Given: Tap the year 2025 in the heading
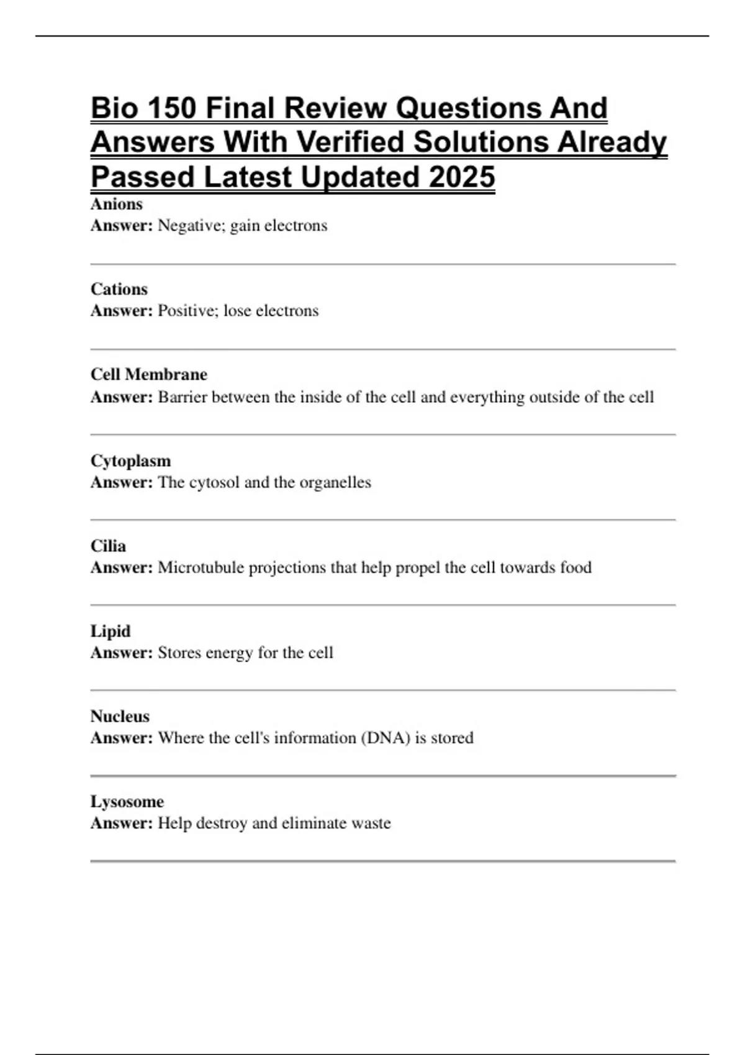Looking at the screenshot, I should coord(461,177).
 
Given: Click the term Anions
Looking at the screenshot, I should coord(117,204).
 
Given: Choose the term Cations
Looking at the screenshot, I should coord(119,289).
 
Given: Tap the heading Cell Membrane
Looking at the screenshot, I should coord(149,375).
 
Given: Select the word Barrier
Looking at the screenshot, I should coord(182,397).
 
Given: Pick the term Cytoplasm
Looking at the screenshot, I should coord(130,461).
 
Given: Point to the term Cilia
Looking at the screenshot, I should coord(108,546).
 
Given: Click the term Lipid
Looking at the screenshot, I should coord(111,631).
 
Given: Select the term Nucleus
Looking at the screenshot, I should coord(120,716).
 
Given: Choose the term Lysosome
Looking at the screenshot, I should coord(127,802).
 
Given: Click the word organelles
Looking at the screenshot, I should coord(335,482).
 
